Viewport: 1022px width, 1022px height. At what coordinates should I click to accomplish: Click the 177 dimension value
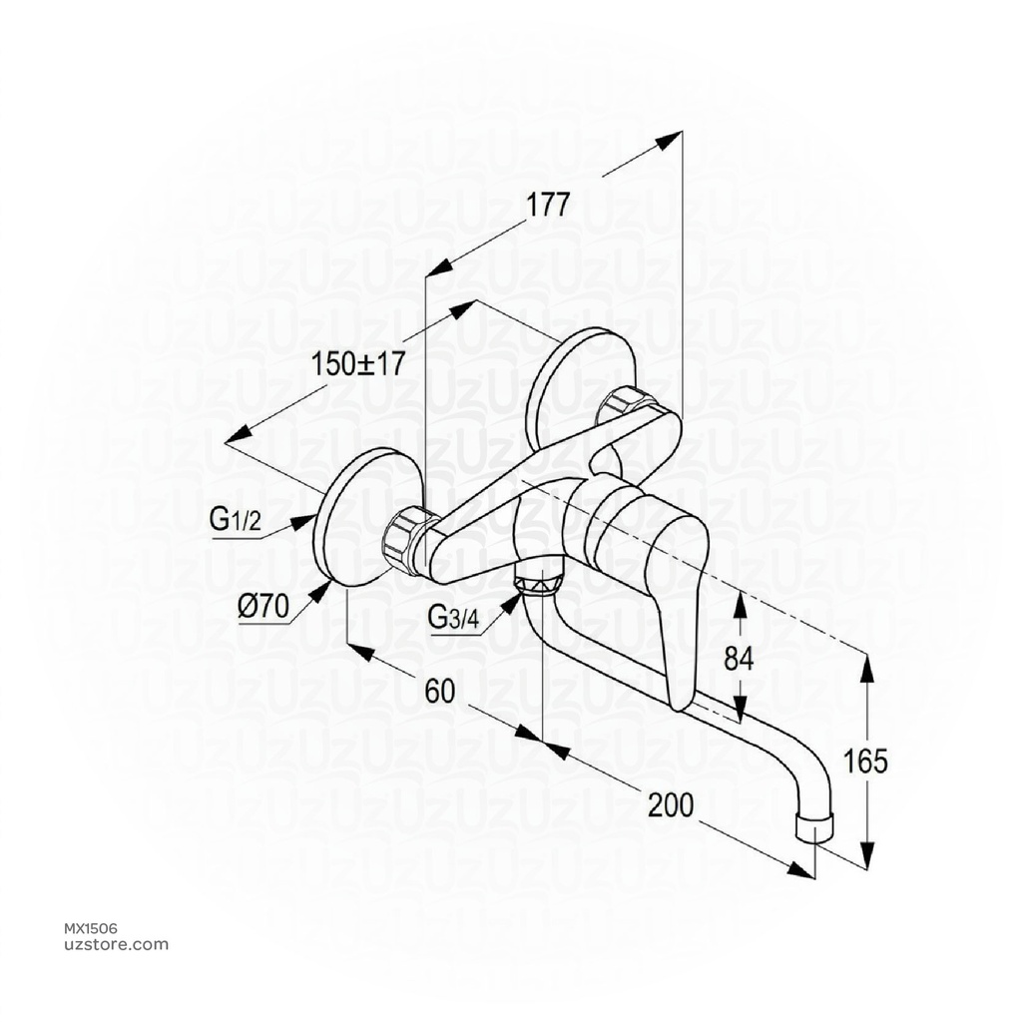click(548, 206)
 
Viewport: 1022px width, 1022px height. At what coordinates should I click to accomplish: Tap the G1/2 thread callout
click(236, 518)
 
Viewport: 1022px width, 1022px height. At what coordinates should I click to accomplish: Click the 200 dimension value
click(671, 804)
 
